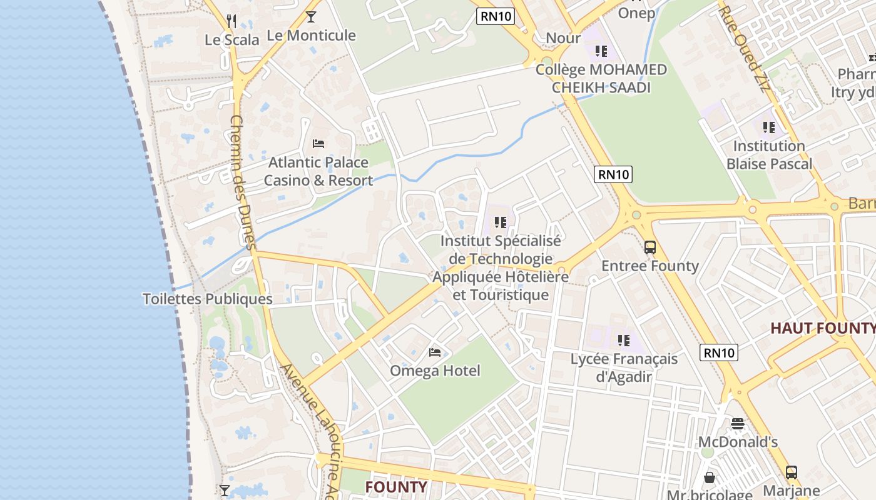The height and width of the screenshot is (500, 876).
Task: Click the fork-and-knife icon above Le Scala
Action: pyautogui.click(x=232, y=21)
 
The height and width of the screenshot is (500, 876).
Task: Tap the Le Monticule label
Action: pyautogui.click(x=311, y=35)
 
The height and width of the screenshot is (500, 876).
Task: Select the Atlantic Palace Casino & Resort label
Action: pyautogui.click(x=318, y=171)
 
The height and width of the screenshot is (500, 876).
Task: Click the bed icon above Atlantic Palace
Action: pyautogui.click(x=318, y=144)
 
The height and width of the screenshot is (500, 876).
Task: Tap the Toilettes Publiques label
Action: pyautogui.click(x=208, y=299)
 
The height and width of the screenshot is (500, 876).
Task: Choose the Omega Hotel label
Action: pyautogui.click(x=435, y=371)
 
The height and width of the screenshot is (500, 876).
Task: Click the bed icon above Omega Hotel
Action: pyautogui.click(x=435, y=352)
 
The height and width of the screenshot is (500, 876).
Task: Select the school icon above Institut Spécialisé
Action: pyautogui.click(x=499, y=222)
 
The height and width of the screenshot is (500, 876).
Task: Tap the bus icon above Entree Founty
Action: pyautogui.click(x=650, y=247)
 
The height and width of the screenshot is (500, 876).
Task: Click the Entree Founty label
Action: pyautogui.click(x=650, y=266)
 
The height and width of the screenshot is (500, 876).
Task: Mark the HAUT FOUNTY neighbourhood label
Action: pyautogui.click(x=822, y=328)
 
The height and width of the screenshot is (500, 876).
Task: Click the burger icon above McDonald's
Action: pyautogui.click(x=738, y=424)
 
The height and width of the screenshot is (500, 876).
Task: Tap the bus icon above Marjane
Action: pyautogui.click(x=792, y=472)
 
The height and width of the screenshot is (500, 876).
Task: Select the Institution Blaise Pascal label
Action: pyautogui.click(x=769, y=155)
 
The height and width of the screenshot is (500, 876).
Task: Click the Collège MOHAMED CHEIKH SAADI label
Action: pyautogui.click(x=601, y=78)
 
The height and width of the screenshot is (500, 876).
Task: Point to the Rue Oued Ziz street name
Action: pyautogui.click(x=744, y=47)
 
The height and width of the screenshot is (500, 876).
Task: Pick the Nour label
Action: pyautogui.click(x=563, y=38)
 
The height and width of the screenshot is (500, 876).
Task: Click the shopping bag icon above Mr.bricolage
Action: pyautogui.click(x=710, y=478)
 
